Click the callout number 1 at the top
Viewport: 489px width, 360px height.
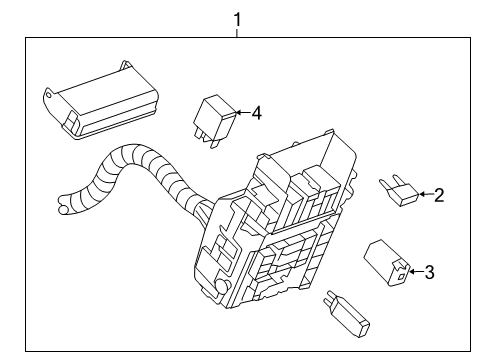(237, 19)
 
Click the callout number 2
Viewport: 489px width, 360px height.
(439, 195)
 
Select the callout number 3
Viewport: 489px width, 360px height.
(429, 272)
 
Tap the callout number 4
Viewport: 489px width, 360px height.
(256, 113)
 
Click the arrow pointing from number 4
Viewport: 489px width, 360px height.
(243, 113)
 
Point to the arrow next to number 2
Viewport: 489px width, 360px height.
(426, 194)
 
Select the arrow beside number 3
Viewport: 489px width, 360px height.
(416, 272)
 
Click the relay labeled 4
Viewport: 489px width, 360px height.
(215, 121)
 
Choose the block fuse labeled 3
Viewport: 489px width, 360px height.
(387, 263)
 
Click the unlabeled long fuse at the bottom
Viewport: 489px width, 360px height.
(347, 313)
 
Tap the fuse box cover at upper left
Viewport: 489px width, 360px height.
(101, 101)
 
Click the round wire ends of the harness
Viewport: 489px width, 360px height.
(63, 205)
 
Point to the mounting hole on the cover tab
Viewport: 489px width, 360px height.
(49, 95)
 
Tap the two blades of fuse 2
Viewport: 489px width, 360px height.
(389, 181)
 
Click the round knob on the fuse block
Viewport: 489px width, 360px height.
(221, 287)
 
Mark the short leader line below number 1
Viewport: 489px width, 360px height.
(237, 33)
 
